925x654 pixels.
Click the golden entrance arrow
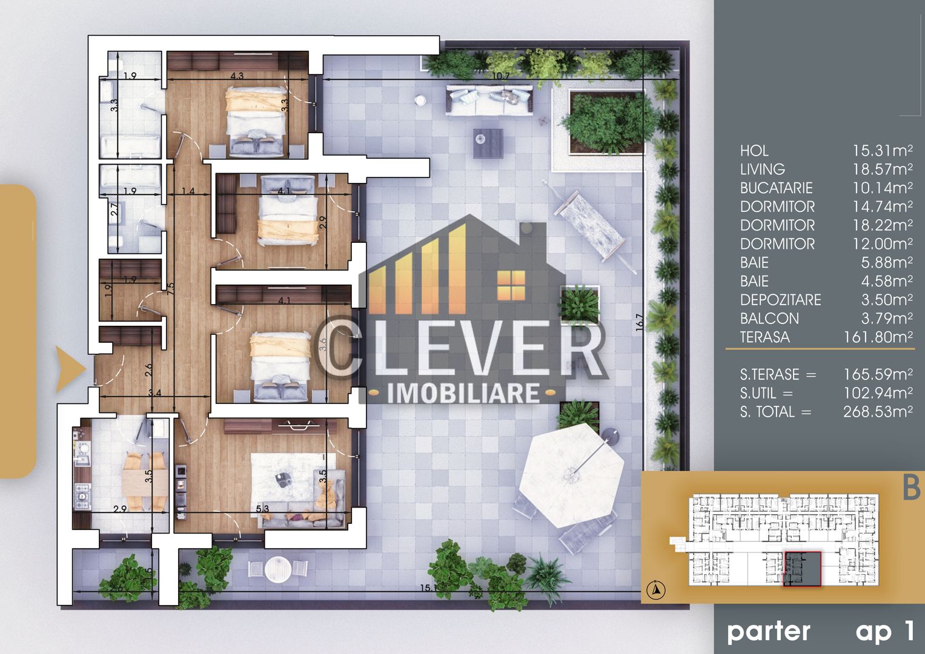[68, 369]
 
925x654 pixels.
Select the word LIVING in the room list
[762, 169]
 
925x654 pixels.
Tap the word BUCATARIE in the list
[776, 188]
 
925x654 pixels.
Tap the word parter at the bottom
[768, 632]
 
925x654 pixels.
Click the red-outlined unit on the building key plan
[802, 569]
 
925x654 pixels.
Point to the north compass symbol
[656, 589]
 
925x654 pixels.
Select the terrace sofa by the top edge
[490, 99]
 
